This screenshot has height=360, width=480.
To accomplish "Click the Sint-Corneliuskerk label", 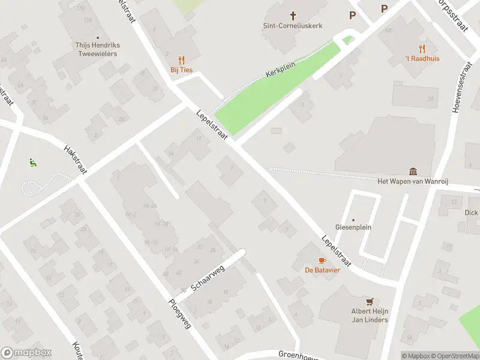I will coord(293,26).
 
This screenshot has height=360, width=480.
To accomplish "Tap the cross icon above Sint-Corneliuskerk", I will coord(293,15).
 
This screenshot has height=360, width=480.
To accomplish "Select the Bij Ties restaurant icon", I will coord(181,60).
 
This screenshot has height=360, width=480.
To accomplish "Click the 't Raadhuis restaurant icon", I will coord(422,49).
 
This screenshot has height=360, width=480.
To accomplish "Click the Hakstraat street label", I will coord(75,160).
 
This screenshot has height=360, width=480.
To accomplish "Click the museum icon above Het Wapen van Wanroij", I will coord(413,172).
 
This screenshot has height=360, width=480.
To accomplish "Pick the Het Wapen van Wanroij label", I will coord(413,181).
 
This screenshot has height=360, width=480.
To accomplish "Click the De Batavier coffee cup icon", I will coord(322,260).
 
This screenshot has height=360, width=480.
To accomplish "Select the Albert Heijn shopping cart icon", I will coord(370,302).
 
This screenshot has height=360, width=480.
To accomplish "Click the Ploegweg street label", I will coord(180,313).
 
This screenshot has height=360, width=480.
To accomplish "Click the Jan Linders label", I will coord(370,319).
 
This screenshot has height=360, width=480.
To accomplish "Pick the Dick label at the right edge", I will coord(471,212).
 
